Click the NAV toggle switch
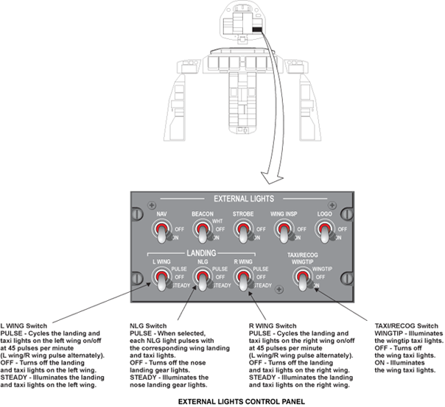(x=161, y=231)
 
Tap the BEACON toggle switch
(x=203, y=231)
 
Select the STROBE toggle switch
(x=243, y=231)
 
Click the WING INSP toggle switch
(x=284, y=231)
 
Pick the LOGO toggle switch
(x=325, y=231)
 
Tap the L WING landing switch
(x=161, y=279)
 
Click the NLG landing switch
(x=203, y=279)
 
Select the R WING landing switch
(x=243, y=279)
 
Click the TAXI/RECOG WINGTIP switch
(x=303, y=279)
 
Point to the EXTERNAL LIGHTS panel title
(x=244, y=199)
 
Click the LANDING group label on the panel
(x=201, y=253)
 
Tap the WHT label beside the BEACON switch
(x=217, y=221)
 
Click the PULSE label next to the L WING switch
(x=179, y=269)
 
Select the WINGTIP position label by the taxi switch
(x=322, y=269)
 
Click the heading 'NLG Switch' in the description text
(x=148, y=325)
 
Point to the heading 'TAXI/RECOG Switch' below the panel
(x=406, y=325)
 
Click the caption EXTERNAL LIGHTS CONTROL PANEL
(x=242, y=402)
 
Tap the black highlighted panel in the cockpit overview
(x=257, y=29)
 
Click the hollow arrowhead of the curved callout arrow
(x=272, y=177)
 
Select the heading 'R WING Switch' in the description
(x=273, y=325)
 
